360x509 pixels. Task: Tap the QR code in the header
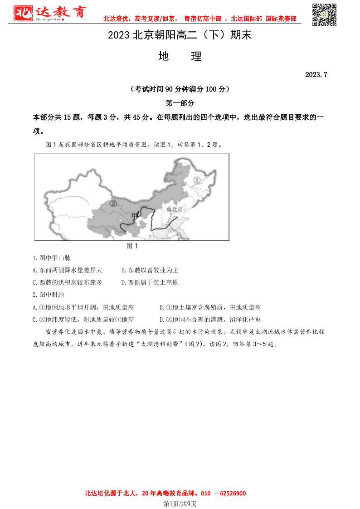pos(325,15)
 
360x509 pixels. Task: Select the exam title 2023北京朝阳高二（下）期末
pos(180,35)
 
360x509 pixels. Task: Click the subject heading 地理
pos(180,57)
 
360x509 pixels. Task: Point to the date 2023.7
pos(316,74)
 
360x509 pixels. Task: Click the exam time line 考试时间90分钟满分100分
pos(180,89)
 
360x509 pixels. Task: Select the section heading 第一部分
pos(180,103)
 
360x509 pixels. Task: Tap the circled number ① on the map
pos(197,180)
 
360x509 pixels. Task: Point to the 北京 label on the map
pos(175,209)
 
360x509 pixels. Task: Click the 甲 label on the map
pos(134,215)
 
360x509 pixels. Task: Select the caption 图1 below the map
pos(132,246)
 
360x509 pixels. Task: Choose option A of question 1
pos(68,270)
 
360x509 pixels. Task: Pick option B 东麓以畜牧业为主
pos(150,270)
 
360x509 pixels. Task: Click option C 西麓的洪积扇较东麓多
pos(68,282)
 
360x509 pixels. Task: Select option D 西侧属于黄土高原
pos(150,282)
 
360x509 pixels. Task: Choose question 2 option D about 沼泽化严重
pos(210,320)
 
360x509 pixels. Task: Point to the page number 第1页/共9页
pos(180,504)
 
